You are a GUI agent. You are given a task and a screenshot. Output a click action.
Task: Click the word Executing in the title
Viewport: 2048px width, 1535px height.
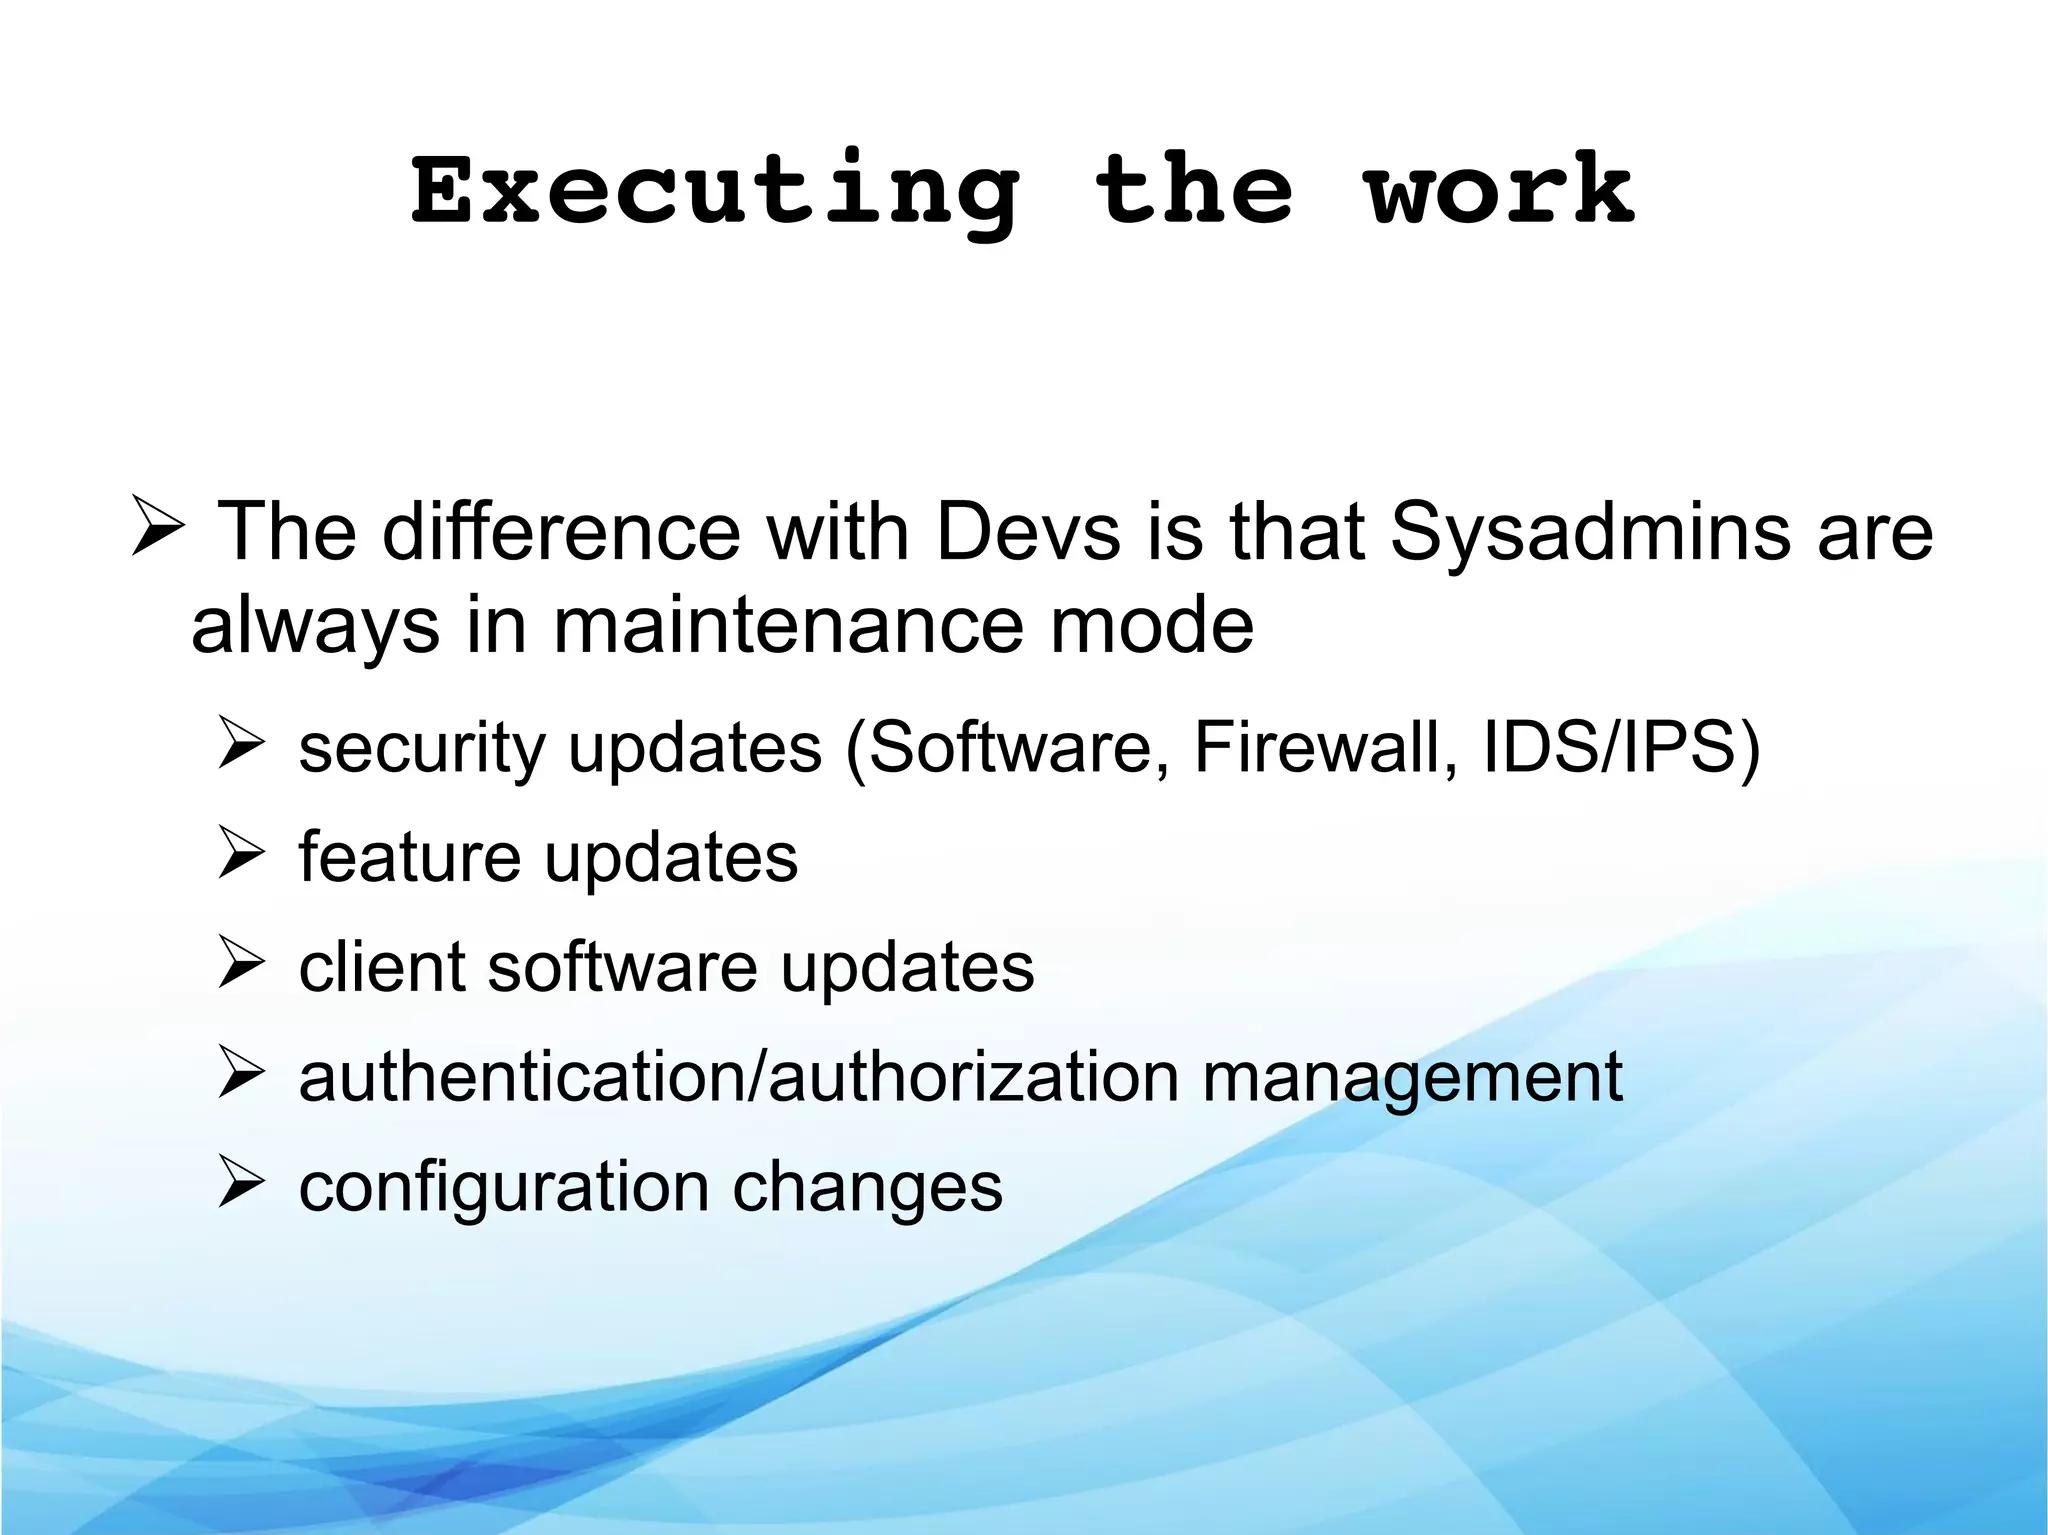715,192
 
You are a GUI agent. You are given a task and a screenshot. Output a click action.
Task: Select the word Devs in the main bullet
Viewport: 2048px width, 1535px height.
1028,532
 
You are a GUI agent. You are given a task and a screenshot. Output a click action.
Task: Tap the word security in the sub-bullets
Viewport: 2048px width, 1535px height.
421,748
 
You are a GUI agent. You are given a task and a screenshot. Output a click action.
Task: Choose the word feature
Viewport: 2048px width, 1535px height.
409,857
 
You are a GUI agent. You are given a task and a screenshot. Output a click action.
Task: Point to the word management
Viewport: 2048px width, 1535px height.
1411,1079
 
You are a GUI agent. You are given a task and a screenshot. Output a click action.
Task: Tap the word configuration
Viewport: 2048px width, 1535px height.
504,1188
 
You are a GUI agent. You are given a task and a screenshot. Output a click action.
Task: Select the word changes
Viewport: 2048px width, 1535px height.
867,1187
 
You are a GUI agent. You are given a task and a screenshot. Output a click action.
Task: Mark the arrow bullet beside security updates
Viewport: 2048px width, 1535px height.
241,744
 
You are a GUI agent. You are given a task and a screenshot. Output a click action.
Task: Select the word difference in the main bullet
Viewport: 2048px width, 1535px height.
561,532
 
